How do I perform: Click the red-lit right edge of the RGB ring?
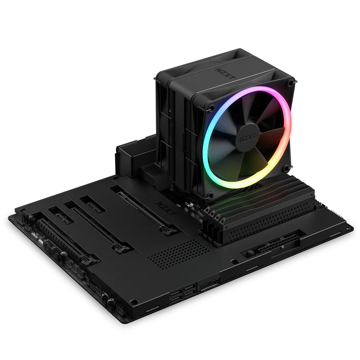pos(292,129)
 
